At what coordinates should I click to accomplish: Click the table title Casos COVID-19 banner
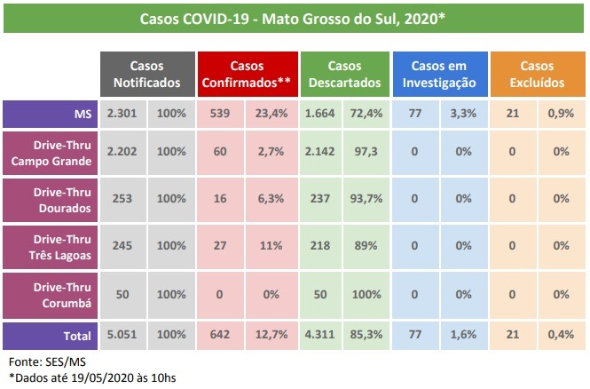coord(295,18)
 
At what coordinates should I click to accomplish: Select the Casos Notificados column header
coord(146,75)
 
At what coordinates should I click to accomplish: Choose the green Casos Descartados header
coord(344,75)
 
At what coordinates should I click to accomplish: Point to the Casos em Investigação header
coord(439,75)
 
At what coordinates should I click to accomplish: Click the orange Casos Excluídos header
coord(536,75)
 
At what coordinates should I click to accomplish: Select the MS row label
coord(51,114)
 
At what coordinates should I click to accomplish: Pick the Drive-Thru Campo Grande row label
coord(51,153)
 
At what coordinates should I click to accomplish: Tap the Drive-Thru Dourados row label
coord(51,201)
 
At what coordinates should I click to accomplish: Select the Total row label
coord(51,335)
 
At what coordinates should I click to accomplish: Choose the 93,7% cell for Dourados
coord(366,201)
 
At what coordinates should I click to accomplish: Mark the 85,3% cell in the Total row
coord(366,335)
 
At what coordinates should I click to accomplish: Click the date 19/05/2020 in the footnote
coord(98,378)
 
